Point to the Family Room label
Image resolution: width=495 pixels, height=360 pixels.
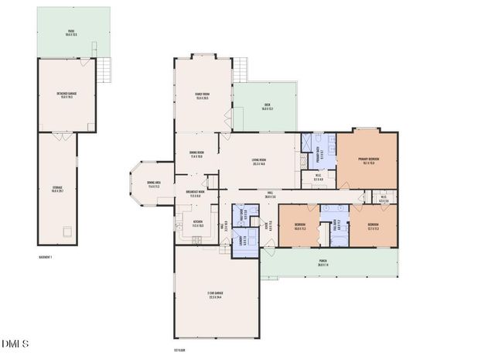203,96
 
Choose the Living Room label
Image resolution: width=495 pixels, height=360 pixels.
258,162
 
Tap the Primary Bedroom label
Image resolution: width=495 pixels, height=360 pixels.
367,161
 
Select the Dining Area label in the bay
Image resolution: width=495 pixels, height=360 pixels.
152,184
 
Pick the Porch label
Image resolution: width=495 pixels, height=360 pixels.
323,264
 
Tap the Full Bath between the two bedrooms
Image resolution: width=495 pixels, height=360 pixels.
335,225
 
